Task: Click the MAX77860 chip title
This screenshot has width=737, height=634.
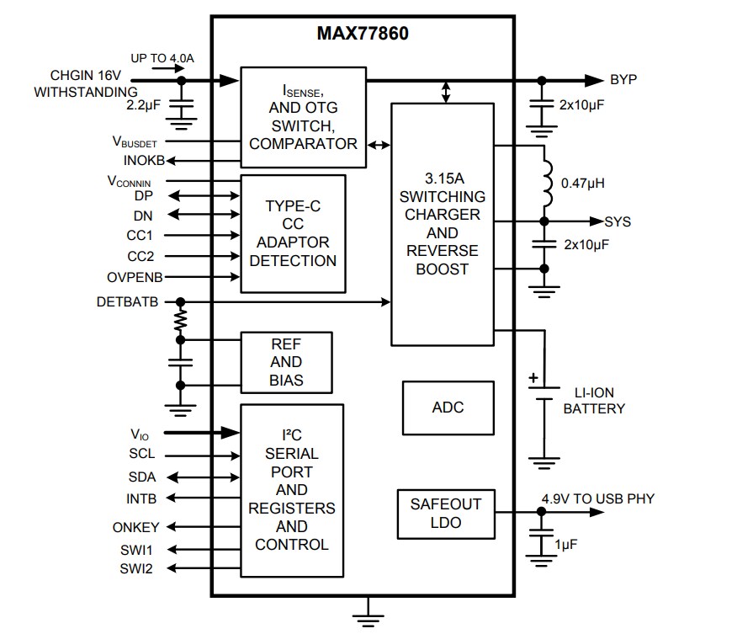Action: pos(363,35)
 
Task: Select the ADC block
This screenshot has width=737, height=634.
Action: pos(448,407)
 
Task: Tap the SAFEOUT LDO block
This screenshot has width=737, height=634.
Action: pos(445,514)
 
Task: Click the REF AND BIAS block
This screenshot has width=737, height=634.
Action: pos(286,362)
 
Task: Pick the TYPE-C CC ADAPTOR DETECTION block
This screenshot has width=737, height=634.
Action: pos(293,233)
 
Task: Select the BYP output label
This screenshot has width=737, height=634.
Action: pos(623,80)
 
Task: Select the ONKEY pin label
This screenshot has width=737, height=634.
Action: pos(136,527)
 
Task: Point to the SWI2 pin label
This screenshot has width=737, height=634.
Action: pos(136,568)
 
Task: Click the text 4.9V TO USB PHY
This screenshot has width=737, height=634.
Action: pos(597,498)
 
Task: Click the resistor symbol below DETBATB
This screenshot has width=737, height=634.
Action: pos(179,321)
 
